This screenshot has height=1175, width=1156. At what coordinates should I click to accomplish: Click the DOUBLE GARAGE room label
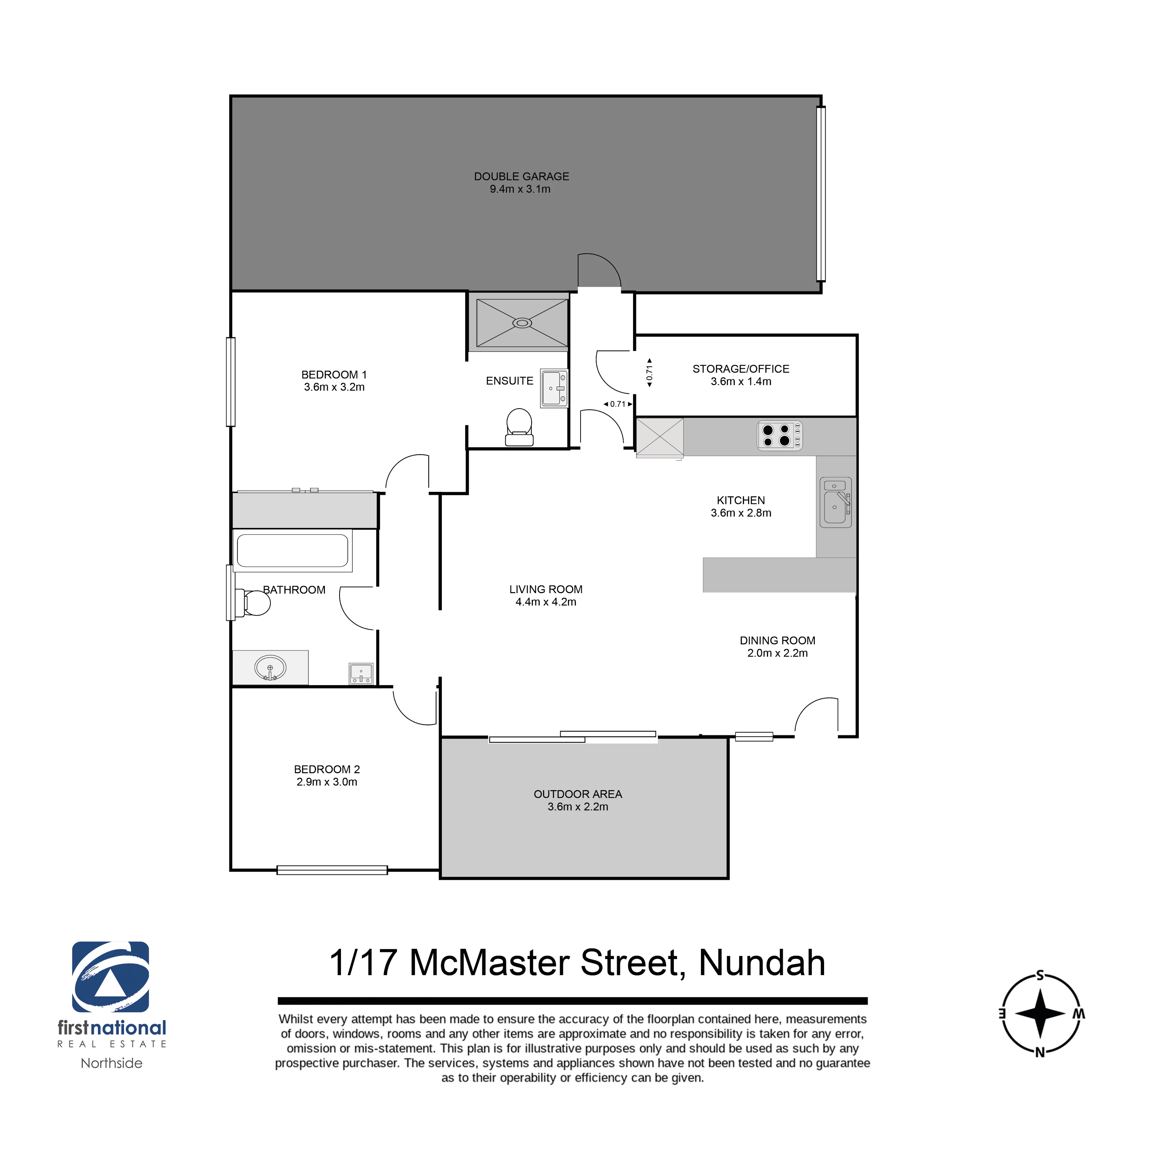tap(522, 177)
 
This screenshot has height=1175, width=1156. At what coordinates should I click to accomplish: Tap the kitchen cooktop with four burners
tap(780, 435)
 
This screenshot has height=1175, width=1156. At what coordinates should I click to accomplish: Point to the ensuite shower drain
tap(522, 323)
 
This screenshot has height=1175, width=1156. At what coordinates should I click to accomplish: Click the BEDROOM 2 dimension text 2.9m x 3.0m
tap(326, 782)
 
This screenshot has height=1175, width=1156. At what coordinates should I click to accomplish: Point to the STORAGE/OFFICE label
tap(741, 369)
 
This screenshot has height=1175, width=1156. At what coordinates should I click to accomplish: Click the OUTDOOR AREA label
tap(578, 794)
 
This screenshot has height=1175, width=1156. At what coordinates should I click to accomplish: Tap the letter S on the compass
tap(1040, 976)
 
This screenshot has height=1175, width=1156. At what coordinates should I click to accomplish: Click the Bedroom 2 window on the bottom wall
tap(332, 870)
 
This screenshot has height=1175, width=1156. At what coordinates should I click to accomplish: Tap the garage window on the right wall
tap(821, 194)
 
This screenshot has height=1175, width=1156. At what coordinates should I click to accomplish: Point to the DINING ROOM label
tap(777, 641)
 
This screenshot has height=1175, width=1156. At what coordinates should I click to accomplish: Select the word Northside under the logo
tap(112, 1063)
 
